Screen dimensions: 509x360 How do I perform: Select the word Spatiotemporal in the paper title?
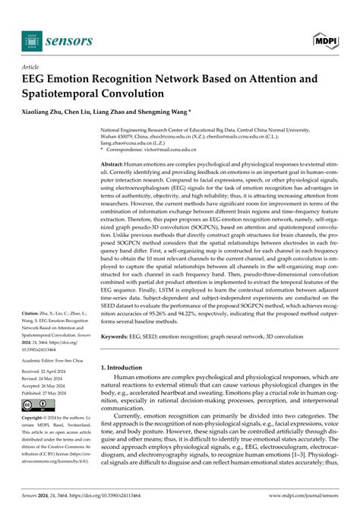click(61, 95)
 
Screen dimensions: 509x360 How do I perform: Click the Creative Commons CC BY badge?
click(33, 407)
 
